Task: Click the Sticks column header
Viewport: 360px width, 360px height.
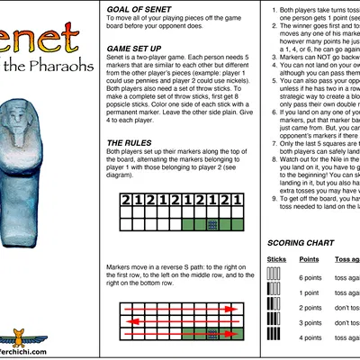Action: pyautogui.click(x=277, y=258)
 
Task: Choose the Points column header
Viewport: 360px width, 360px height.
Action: pyautogui.click(x=310, y=258)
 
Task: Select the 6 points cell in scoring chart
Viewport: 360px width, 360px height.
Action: pyautogui.click(x=311, y=277)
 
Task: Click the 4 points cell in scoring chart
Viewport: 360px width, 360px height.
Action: pyautogui.click(x=311, y=337)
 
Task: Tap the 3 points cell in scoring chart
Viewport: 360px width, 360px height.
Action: pyautogui.click(x=311, y=322)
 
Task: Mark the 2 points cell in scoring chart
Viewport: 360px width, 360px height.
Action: pyautogui.click(x=311, y=308)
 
